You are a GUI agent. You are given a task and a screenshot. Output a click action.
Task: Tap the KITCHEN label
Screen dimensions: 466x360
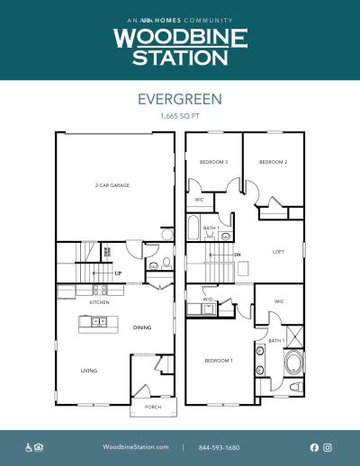[99, 302]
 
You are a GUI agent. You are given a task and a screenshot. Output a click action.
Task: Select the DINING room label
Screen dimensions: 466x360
[142, 327]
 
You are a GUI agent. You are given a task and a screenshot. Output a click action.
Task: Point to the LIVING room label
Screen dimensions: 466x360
[88, 371]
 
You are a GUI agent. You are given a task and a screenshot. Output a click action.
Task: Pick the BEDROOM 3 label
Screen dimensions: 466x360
[214, 162]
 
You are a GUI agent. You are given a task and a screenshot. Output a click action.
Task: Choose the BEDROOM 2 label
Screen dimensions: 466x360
[273, 162]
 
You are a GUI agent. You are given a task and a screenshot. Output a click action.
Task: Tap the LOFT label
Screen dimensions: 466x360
[278, 252]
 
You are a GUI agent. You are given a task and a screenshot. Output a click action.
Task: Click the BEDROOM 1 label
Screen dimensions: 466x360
[219, 360]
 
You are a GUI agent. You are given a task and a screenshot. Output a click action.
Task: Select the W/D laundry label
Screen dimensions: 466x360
[208, 300]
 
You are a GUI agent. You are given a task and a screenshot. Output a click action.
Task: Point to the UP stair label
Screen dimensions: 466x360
[117, 273]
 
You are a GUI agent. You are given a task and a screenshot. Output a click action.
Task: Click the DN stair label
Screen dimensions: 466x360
[237, 255]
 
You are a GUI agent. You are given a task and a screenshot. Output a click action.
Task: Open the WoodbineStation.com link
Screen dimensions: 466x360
[136, 447]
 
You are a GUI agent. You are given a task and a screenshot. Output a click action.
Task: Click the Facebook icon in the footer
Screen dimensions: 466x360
[314, 447]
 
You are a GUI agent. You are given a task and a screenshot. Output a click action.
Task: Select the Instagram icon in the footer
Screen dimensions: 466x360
[328, 447]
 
